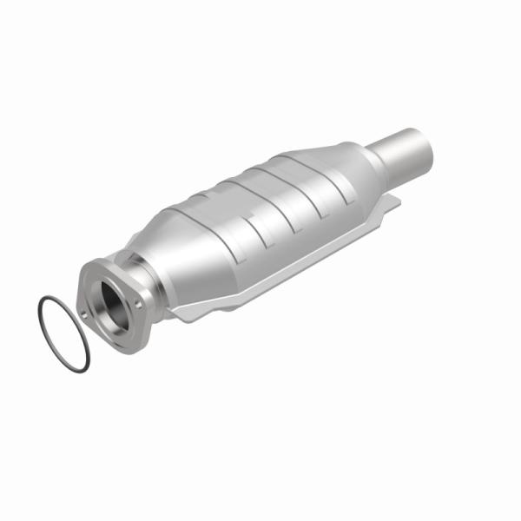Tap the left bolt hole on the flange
pos(83,314)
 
